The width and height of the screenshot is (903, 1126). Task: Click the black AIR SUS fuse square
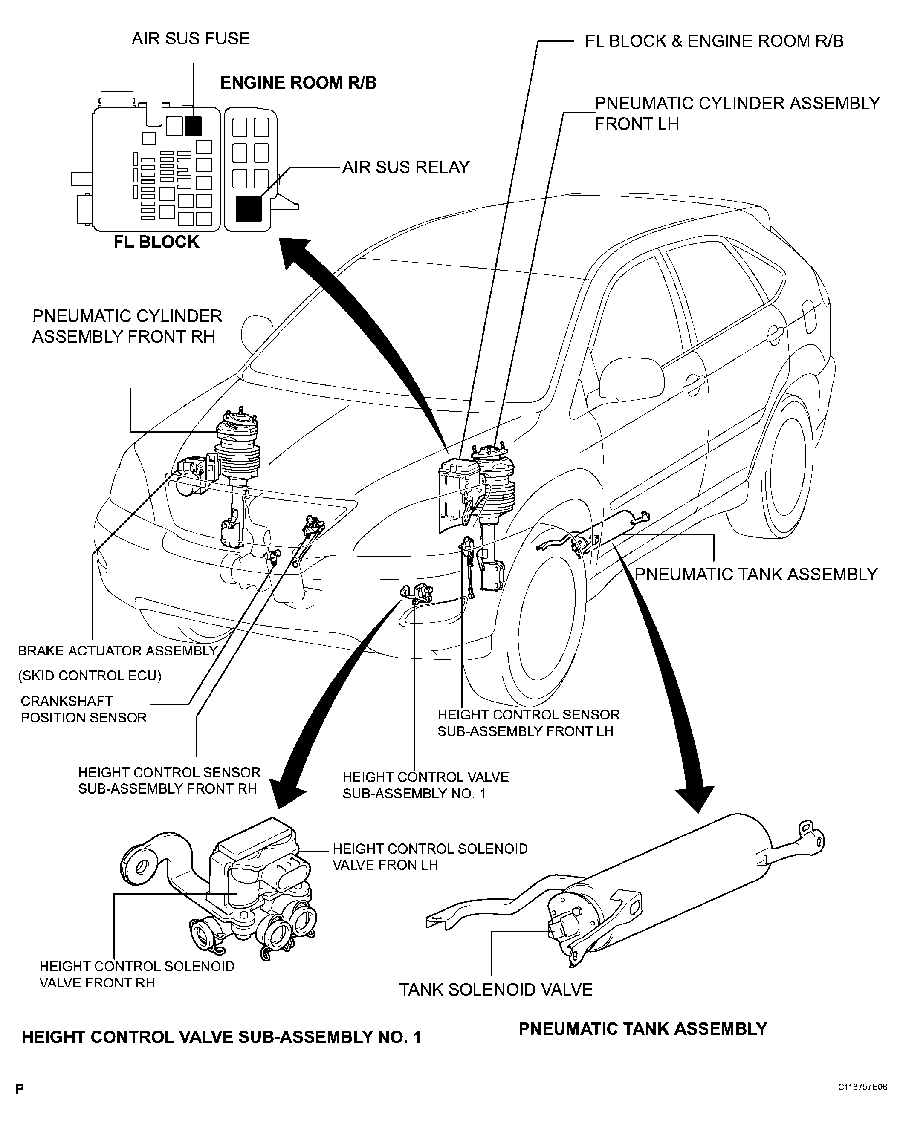194,126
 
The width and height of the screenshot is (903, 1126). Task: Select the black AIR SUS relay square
249,208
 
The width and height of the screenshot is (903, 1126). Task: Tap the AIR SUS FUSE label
191,39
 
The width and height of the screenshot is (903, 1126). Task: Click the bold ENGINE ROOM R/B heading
298,83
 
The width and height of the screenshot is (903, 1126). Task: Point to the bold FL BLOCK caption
157,242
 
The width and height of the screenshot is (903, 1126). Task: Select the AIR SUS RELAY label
406,167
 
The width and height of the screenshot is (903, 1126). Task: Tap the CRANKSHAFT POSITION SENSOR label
84,709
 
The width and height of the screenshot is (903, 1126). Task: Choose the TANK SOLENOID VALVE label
496,990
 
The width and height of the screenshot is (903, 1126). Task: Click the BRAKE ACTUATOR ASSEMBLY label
118,651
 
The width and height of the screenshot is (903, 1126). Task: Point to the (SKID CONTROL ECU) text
90,676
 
